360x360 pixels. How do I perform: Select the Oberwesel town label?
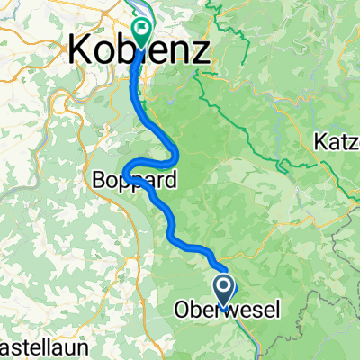(226, 310)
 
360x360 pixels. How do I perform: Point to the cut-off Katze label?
(337, 141)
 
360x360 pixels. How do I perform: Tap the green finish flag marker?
(142, 32)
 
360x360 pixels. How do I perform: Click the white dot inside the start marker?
(225, 286)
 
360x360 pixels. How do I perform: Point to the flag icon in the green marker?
(142, 29)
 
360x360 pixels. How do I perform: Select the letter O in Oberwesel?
(178, 310)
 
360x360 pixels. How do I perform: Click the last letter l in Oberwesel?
(277, 310)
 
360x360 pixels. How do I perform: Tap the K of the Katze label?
(320, 141)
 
